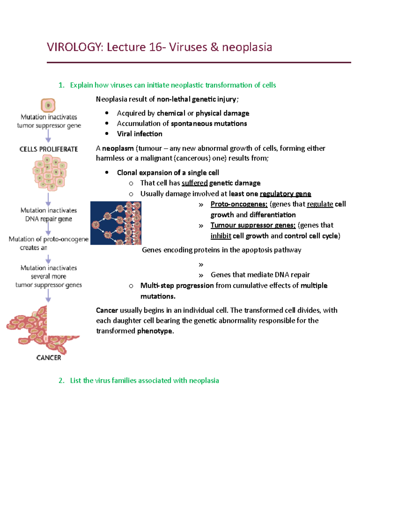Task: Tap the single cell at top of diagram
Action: click(48, 105)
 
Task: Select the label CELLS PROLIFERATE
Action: click(49, 149)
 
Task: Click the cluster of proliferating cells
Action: click(50, 172)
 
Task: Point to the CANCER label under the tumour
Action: click(49, 357)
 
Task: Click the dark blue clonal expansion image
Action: click(116, 223)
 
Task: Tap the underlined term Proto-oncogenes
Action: click(239, 204)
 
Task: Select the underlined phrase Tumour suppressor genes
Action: click(253, 225)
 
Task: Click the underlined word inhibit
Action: click(221, 236)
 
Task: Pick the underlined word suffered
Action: click(195, 183)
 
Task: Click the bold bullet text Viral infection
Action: click(140, 134)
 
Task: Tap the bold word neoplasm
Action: click(118, 148)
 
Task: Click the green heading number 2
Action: click(61, 380)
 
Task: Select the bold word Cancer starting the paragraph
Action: click(107, 310)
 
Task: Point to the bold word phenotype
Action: click(155, 331)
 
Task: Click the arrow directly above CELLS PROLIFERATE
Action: click(48, 136)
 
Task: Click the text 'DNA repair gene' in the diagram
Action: click(49, 219)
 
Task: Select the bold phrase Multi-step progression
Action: click(177, 286)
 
